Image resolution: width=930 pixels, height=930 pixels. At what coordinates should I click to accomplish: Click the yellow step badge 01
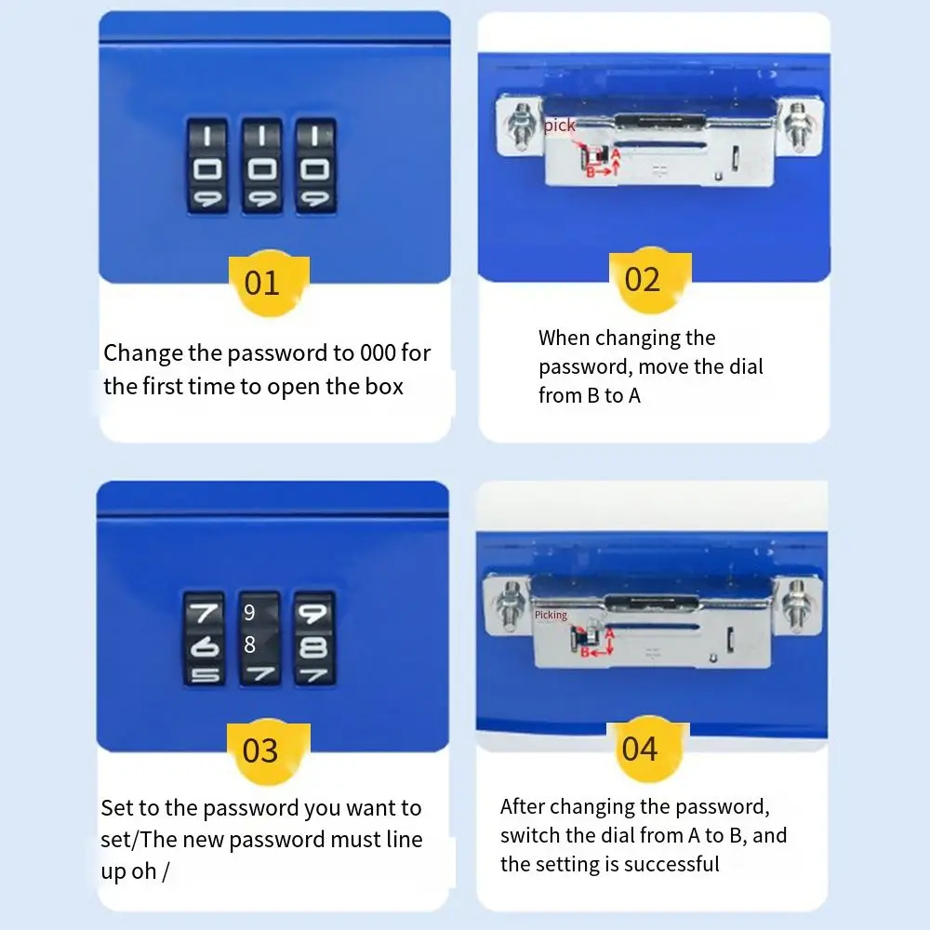click(x=261, y=283)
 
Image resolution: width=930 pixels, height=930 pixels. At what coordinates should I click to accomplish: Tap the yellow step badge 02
click(x=642, y=280)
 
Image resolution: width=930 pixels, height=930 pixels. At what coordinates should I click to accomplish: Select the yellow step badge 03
click(x=260, y=750)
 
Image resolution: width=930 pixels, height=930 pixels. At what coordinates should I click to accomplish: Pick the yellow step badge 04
click(x=640, y=749)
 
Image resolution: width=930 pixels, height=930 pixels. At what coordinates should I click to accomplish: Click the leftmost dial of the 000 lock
click(x=206, y=166)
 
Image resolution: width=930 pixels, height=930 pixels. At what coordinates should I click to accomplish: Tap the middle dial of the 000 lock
click(x=261, y=166)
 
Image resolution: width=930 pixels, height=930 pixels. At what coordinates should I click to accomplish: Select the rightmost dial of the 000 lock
click(x=315, y=166)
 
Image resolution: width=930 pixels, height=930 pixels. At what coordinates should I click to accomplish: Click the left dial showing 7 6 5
click(x=204, y=639)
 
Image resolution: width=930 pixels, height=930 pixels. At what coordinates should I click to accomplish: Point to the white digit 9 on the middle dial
click(x=249, y=613)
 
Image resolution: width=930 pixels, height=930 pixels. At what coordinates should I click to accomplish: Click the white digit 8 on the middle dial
click(x=249, y=644)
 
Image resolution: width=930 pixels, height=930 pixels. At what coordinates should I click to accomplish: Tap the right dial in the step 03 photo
click(x=313, y=639)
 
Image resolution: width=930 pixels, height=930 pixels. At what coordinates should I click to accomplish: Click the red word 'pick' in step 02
click(x=560, y=126)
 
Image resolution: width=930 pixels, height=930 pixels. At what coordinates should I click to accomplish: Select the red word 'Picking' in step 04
click(x=551, y=615)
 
